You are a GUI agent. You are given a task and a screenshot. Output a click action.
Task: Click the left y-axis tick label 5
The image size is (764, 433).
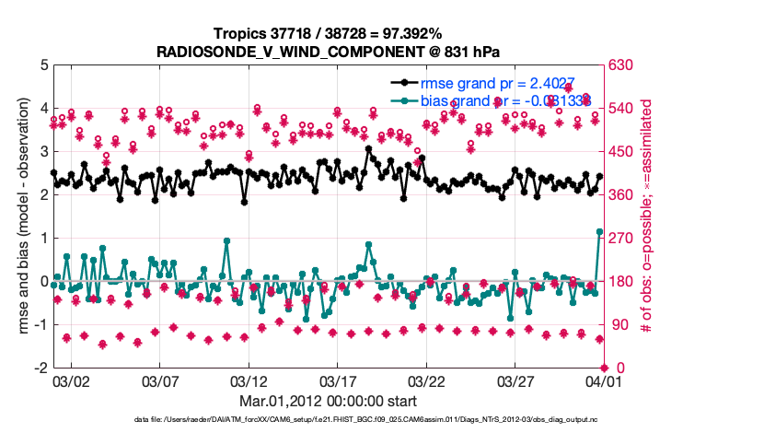(43, 65)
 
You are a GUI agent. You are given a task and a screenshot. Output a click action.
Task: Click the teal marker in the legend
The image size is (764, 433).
(403, 99)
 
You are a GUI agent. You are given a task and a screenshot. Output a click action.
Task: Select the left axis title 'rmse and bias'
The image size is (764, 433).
(23, 216)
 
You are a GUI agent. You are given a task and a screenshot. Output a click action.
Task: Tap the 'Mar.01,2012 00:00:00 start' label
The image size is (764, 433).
(328, 401)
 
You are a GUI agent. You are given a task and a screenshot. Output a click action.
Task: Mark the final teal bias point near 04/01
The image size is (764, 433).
(600, 232)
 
